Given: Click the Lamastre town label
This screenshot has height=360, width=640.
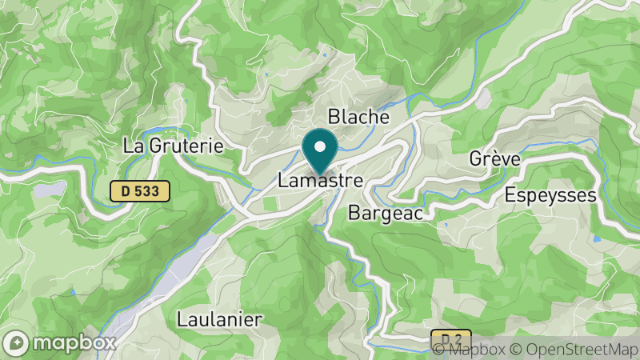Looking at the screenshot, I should click(320, 181).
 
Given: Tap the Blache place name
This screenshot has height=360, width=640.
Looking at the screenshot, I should click(358, 117).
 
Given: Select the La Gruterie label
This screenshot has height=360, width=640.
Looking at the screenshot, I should click(173, 146).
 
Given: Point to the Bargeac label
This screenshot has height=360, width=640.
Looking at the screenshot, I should click(386, 213).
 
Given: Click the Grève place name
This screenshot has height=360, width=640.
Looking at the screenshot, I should click(495, 159).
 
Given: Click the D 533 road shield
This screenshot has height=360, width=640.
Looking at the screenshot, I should click(140, 190).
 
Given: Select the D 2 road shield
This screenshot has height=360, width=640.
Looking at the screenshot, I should click(451, 338).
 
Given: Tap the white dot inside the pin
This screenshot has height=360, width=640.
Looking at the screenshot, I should click(321, 146).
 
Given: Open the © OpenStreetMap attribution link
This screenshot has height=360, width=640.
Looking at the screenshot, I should click(573, 349).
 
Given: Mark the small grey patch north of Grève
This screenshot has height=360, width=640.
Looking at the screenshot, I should click(483, 99).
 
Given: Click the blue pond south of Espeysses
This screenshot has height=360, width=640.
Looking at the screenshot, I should click(596, 239).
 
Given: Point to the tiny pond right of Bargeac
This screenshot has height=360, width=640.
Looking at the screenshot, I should click(445, 225).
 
